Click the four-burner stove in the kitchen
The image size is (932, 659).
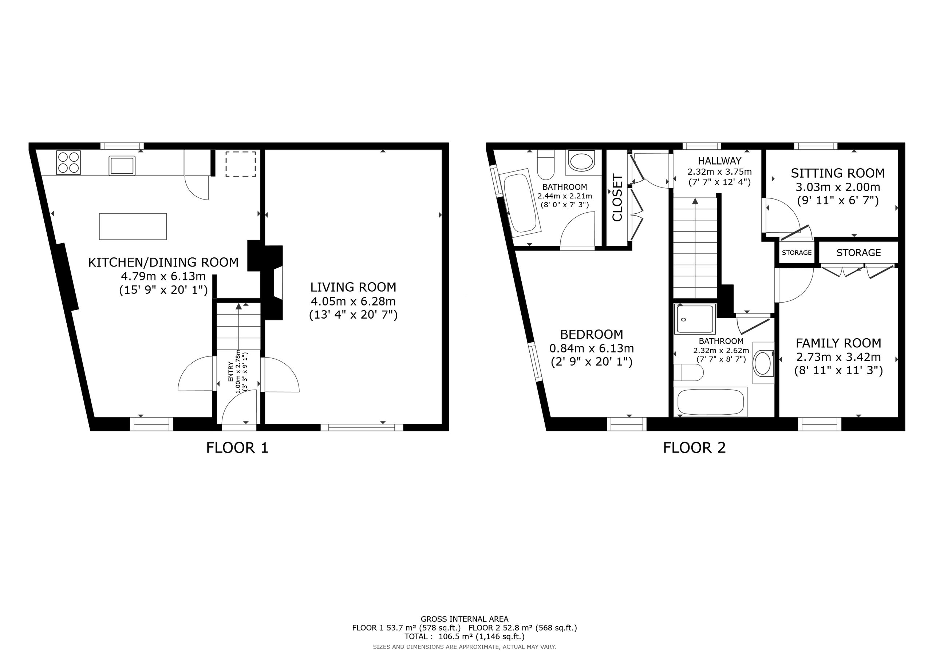point(68,162)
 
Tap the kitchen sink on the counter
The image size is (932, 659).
point(122,166)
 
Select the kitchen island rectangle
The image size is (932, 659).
point(133,226)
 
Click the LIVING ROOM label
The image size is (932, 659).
point(353,287)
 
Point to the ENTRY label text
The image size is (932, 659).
point(230,371)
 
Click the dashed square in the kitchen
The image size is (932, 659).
point(241,164)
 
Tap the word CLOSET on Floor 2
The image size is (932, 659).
point(617,198)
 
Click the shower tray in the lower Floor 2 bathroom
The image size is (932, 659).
point(695,319)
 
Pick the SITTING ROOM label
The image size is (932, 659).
point(837,173)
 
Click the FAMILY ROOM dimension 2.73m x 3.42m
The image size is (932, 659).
point(838,357)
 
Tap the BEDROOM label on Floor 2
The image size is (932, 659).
point(592,334)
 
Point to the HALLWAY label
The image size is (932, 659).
point(720,161)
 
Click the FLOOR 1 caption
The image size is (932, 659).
point(237,448)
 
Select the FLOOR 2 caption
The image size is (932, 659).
point(694,448)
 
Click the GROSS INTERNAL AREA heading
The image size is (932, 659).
point(465,619)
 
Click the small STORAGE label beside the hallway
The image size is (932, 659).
point(797,253)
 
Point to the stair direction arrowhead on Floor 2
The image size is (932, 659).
point(695,201)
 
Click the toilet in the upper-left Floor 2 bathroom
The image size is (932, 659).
point(546,165)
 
